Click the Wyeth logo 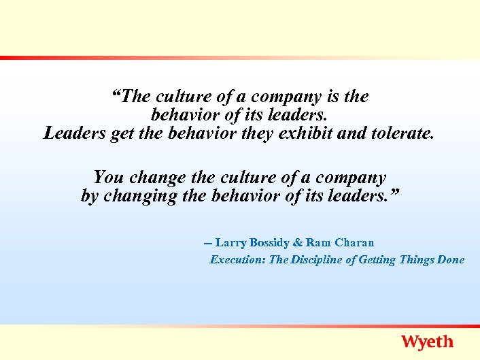click(427, 342)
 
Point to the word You click(109, 178)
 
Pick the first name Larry click(232, 242)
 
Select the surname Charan click(354, 242)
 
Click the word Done click(451, 259)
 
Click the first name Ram click(318, 242)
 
